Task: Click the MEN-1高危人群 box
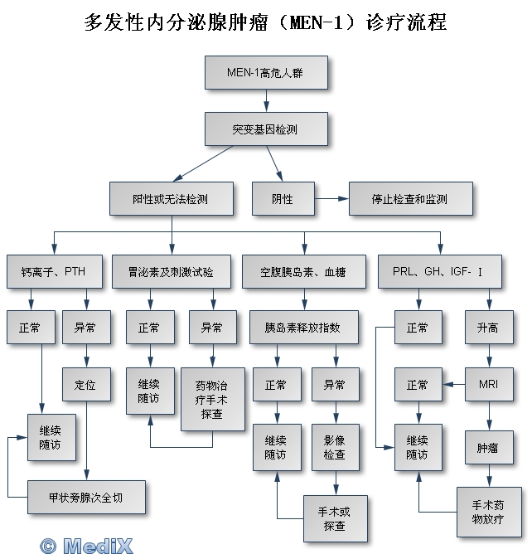click(266, 72)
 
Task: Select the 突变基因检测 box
click(266, 129)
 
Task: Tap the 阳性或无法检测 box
click(170, 199)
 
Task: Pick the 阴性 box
click(283, 199)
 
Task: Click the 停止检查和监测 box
click(410, 199)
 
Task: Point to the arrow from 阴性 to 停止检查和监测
click(331, 199)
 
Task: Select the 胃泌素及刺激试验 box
click(170, 271)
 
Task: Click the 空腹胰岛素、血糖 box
click(302, 271)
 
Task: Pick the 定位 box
click(86, 385)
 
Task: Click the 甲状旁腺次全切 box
click(86, 498)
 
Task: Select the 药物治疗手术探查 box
click(212, 400)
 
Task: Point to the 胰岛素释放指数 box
click(302, 328)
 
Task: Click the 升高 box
click(489, 328)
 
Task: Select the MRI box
click(489, 385)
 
